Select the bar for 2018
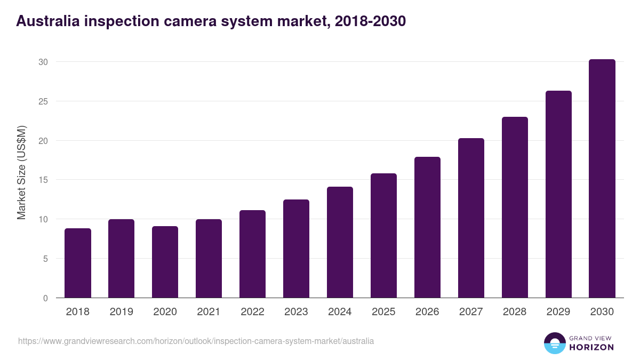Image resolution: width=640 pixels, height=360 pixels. point(78,263)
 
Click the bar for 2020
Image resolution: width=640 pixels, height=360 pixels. point(165,262)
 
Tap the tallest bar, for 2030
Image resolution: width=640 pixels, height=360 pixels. point(602,179)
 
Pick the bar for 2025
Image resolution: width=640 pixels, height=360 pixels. point(384,235)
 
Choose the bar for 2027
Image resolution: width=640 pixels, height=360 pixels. point(471,218)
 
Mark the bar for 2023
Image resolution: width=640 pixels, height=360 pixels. point(297,249)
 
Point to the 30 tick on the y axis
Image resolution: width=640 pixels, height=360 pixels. point(43,62)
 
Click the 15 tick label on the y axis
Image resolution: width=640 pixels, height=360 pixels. point(43,180)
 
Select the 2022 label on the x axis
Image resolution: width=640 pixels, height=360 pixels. point(253,312)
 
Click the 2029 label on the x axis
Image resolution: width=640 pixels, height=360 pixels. point(558,312)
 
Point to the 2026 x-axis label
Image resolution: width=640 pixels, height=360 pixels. point(428,312)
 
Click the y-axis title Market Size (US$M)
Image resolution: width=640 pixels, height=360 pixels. point(21,172)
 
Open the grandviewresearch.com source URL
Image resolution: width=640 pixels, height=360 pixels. point(196,341)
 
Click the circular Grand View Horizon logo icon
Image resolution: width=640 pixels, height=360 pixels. point(555,343)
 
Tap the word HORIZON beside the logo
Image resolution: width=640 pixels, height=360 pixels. point(591,347)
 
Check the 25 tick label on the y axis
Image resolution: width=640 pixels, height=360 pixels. point(43,101)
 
